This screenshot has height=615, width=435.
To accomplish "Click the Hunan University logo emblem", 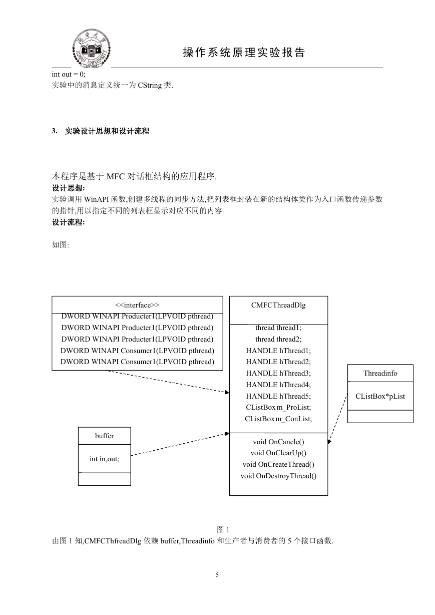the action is click(x=91, y=48).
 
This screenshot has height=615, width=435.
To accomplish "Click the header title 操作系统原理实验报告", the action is click(x=244, y=52).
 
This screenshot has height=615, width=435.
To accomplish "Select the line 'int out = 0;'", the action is click(x=69, y=74).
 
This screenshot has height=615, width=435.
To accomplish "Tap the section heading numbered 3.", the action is click(x=101, y=131).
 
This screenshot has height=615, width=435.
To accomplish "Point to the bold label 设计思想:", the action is click(x=69, y=188).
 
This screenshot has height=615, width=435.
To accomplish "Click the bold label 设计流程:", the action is click(x=69, y=222).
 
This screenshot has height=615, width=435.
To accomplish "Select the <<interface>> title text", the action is click(x=137, y=305).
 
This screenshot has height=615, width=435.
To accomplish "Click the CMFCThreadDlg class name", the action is click(x=278, y=305).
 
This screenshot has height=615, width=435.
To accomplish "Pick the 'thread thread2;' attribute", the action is click(x=278, y=339).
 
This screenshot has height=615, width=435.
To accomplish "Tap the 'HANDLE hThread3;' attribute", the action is click(x=278, y=373).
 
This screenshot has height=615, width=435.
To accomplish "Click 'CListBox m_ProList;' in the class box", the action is click(x=278, y=407).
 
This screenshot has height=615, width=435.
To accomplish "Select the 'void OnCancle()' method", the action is click(x=278, y=442).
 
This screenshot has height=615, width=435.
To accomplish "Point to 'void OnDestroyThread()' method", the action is click(x=278, y=476).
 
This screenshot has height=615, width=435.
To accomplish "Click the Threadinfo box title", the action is click(x=380, y=373).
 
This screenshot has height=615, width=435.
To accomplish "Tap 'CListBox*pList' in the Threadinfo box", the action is click(x=380, y=396).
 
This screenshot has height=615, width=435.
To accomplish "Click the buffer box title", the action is click(x=104, y=436).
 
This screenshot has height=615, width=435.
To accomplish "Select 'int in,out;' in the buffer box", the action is click(x=104, y=459).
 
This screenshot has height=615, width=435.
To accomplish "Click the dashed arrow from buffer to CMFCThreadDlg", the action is click(x=180, y=444).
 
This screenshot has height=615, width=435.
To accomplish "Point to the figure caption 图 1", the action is click(x=223, y=530).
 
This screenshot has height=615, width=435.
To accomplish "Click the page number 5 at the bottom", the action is click(x=217, y=575).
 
